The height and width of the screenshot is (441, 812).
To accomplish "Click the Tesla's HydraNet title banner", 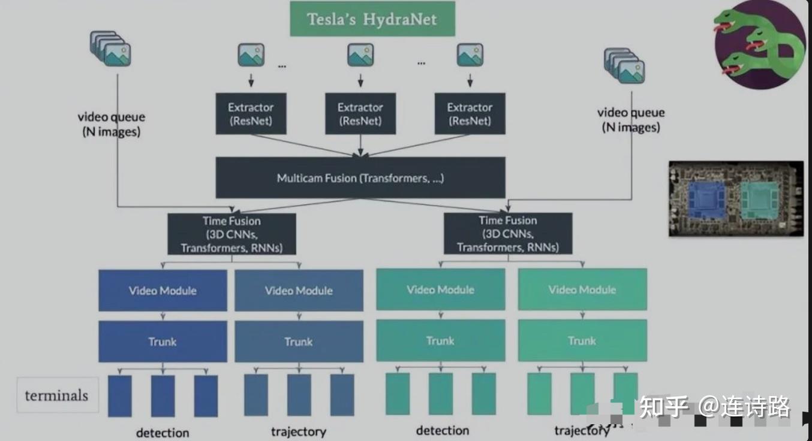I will click(372, 19).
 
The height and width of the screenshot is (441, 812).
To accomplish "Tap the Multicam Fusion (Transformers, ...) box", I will click(360, 178).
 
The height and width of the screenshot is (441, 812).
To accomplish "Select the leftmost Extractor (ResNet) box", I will click(251, 114).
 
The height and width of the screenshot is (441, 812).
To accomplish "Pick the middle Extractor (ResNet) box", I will click(360, 114).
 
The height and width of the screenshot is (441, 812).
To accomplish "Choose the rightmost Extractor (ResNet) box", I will click(470, 114).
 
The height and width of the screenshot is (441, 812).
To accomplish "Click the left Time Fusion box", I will click(231, 234).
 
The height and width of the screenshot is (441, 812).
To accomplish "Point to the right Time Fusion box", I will click(508, 234).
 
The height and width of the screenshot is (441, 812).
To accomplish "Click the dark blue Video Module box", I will click(163, 291).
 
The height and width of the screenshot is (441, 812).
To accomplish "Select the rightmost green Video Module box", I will click(582, 290).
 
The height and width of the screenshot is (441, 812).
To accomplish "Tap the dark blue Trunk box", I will click(163, 342).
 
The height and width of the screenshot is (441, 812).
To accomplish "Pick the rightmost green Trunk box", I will click(582, 341).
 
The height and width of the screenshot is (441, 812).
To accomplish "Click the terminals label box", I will click(57, 395).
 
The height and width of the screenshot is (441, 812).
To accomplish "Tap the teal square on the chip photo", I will click(759, 199).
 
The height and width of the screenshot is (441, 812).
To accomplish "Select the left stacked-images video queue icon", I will click(110, 49).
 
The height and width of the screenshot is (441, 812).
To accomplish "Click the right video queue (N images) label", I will click(631, 120).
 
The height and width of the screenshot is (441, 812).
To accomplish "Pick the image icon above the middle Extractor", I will click(360, 56).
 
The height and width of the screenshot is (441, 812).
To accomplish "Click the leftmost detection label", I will click(163, 432).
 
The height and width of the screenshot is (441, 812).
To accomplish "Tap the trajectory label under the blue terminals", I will click(298, 431).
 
